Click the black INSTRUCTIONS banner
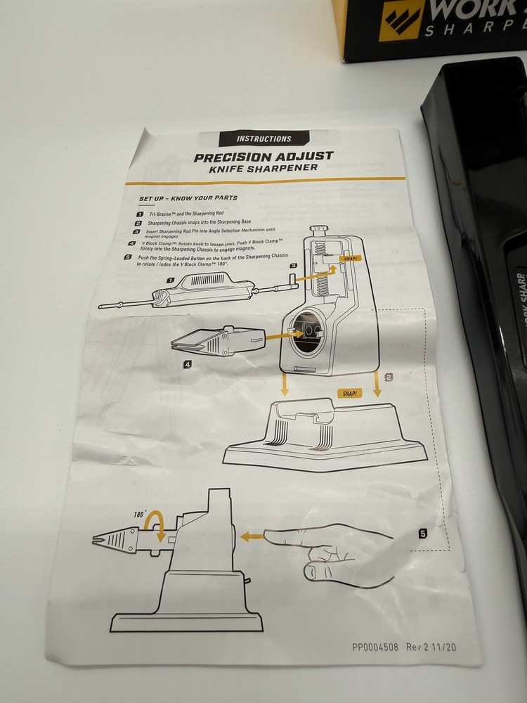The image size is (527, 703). (x=264, y=138)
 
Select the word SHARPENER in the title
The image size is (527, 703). (x=287, y=169)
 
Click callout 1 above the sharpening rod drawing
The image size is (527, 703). (x=169, y=279)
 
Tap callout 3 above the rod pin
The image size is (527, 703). (x=293, y=266)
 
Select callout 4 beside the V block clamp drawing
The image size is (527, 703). (x=188, y=364)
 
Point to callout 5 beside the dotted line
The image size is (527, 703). (x=422, y=534)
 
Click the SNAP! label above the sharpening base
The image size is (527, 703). (x=349, y=394)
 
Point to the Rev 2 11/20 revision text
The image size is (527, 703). (x=434, y=647)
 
